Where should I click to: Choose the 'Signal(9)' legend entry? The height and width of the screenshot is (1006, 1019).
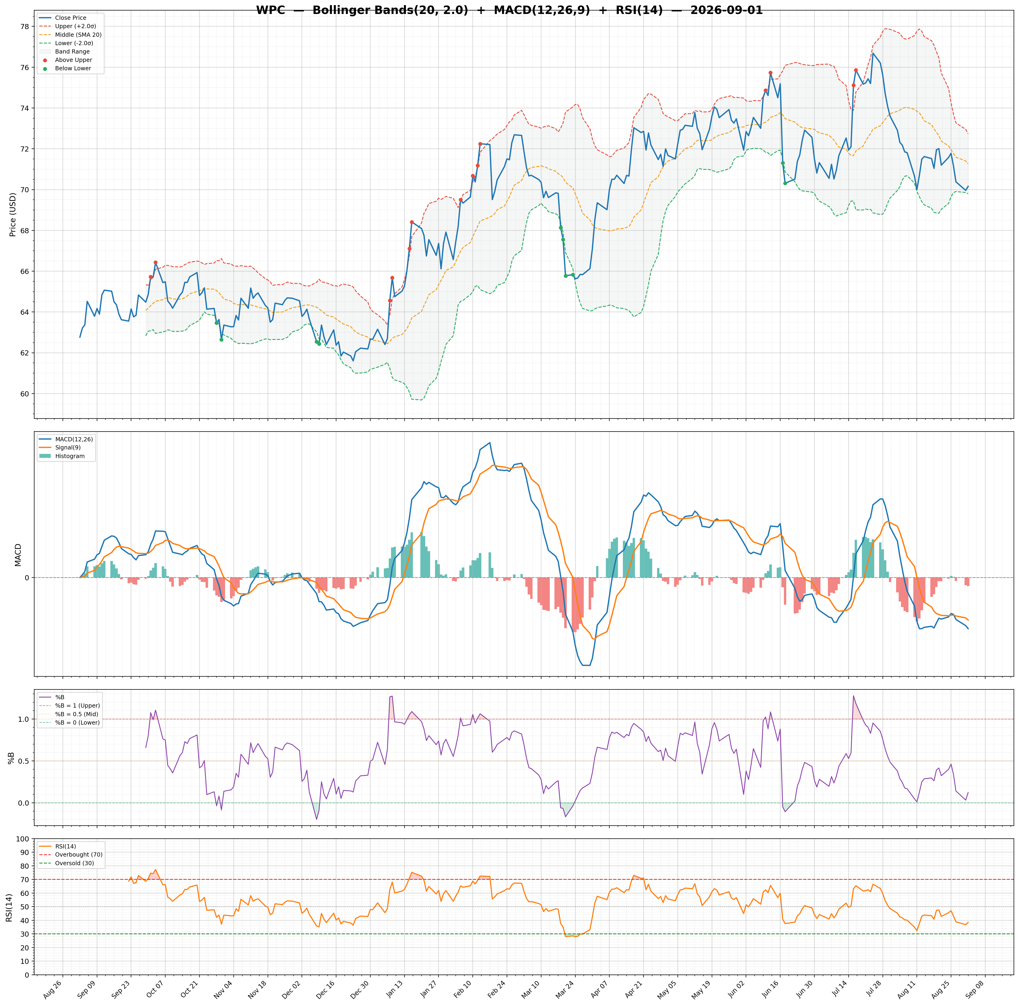click(61, 447)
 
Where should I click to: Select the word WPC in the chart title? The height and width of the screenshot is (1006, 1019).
click(270, 10)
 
